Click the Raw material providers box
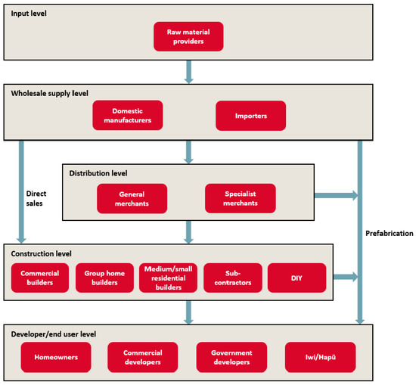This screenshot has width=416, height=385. pos(188,36)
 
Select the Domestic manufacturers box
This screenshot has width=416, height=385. pos(128,116)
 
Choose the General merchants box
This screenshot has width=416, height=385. pos(132,198)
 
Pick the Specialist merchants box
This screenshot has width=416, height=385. pos(241,198)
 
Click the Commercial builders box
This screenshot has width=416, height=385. pos(40,278)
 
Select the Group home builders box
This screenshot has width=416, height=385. pos(104,278)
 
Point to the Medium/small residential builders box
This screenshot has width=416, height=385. pos(168,278)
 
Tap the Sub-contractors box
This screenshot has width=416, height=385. pos(233,278)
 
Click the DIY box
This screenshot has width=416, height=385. pos(296,278)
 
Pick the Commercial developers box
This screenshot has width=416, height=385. pos(142,356)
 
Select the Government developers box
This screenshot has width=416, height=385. pos(231,356)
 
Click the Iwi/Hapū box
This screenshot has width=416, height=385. pos(319,356)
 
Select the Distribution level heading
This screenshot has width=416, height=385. pos(99,173)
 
